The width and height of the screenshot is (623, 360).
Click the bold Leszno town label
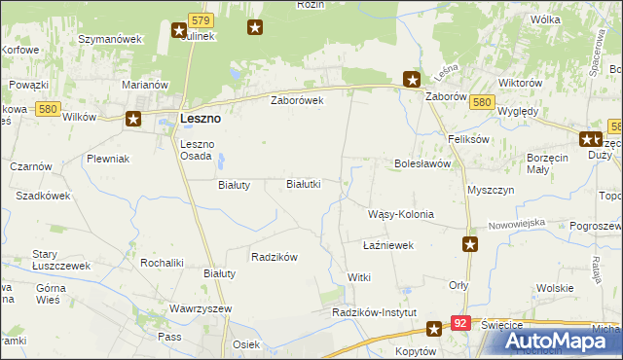click(201, 119)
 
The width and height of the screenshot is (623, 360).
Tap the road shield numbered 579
click(202, 19)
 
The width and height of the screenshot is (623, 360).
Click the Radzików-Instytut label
click(374, 312)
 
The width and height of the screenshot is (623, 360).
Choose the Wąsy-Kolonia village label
click(400, 214)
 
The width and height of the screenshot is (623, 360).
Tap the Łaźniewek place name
click(388, 245)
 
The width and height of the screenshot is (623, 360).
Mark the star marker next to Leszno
click(133, 120)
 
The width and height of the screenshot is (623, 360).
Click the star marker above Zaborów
click(412, 80)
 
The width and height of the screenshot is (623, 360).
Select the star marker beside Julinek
click(180, 31)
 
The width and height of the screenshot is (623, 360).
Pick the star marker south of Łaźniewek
click(470, 245)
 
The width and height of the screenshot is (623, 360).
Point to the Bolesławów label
click(421, 164)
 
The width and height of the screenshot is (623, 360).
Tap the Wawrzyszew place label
click(199, 308)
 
